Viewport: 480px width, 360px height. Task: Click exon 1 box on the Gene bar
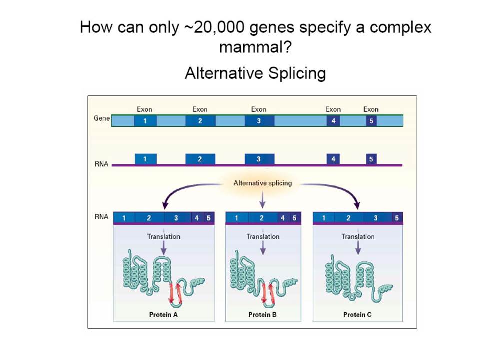pyautogui.click(x=145, y=121)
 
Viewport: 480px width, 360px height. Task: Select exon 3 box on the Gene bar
pyautogui.click(x=259, y=121)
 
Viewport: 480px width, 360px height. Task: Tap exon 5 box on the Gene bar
pyautogui.click(x=371, y=121)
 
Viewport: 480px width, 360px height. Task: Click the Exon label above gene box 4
pyautogui.click(x=333, y=109)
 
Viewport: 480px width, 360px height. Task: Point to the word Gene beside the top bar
pyautogui.click(x=102, y=118)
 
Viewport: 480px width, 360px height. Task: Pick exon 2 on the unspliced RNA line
pyautogui.click(x=200, y=159)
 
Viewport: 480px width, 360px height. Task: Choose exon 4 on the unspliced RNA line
pyautogui.click(x=333, y=159)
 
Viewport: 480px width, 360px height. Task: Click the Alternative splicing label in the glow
pyautogui.click(x=263, y=183)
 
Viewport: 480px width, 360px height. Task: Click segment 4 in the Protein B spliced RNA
pyautogui.click(x=283, y=218)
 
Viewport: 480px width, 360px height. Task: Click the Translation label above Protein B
pyautogui.click(x=263, y=237)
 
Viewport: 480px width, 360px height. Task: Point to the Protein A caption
pyautogui.click(x=163, y=314)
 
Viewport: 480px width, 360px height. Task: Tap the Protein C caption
pyautogui.click(x=357, y=314)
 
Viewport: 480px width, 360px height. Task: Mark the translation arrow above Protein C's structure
pyautogui.click(x=358, y=248)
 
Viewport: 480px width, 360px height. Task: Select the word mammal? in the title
pyautogui.click(x=256, y=47)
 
